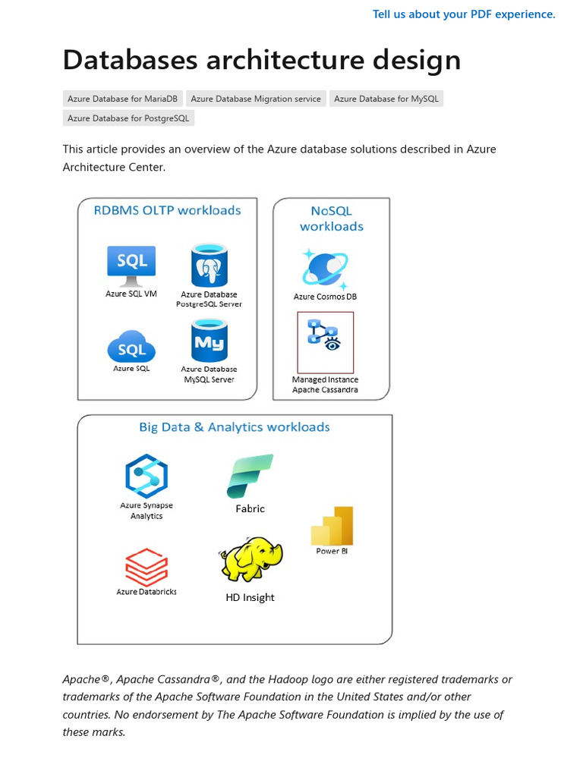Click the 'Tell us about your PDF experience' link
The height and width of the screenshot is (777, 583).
tap(464, 14)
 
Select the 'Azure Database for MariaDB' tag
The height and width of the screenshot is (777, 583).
tap(121, 99)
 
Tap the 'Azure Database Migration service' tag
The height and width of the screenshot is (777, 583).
tap(256, 99)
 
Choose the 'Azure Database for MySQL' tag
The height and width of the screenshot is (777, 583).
tap(386, 99)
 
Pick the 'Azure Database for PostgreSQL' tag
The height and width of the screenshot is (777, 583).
tap(128, 118)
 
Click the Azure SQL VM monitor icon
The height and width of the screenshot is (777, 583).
tap(131, 265)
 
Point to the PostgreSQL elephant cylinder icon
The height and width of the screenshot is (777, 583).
tap(210, 265)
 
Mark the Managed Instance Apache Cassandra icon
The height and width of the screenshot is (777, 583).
tap(325, 342)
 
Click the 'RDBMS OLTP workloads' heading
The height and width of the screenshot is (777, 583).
tap(167, 210)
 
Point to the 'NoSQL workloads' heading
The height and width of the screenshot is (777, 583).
tap(331, 219)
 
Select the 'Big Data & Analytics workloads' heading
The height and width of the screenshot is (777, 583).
tap(234, 427)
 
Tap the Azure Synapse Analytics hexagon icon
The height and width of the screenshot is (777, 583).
tap(147, 476)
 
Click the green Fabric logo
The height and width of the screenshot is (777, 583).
tap(250, 476)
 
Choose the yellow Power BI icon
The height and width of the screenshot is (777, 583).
tap(332, 525)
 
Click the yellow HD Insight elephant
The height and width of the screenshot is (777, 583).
tap(251, 560)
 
